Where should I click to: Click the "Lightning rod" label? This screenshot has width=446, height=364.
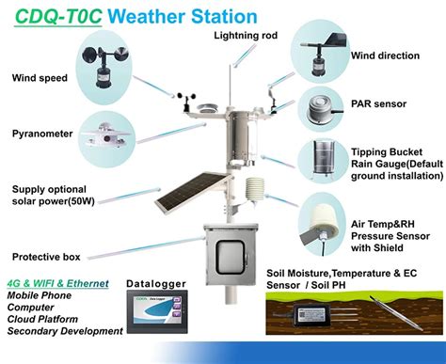click(245, 36)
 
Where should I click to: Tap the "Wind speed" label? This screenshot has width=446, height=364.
click(40, 77)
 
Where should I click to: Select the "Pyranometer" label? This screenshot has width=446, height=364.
click(42, 134)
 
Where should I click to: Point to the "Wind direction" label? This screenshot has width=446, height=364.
click(386, 55)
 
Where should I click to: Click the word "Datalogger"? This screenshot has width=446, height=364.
click(155, 283)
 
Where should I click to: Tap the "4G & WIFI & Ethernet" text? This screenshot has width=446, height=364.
click(57, 283)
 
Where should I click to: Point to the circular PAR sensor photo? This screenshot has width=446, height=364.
click(322, 109)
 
